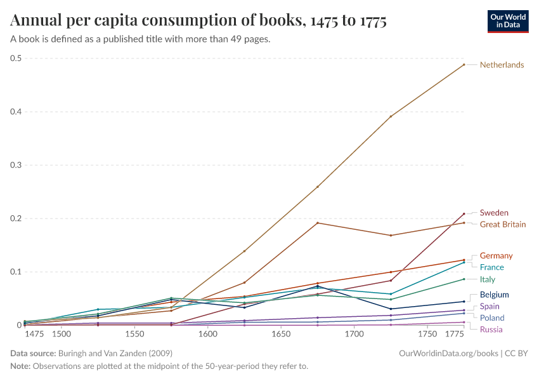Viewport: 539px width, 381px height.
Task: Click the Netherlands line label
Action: (x=502, y=65)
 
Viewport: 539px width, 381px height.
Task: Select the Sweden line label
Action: (x=494, y=213)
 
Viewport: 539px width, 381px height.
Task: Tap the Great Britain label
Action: (x=502, y=224)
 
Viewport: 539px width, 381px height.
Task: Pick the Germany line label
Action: (x=496, y=255)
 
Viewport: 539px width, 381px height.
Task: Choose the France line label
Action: (x=492, y=267)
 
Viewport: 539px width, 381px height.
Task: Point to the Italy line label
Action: (x=488, y=279)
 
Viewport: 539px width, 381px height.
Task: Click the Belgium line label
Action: (x=495, y=295)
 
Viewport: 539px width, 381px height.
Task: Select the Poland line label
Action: (x=492, y=317)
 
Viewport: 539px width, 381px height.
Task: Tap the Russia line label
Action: (x=491, y=329)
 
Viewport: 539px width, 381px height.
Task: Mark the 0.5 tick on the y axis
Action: (x=16, y=58)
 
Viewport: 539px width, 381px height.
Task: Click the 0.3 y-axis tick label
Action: (x=16, y=165)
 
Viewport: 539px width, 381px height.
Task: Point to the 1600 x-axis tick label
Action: (x=207, y=334)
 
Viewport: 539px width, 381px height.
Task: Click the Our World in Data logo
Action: (x=508, y=21)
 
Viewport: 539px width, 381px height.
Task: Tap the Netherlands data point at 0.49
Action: (x=464, y=65)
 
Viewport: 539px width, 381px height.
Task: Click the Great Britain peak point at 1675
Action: (x=317, y=223)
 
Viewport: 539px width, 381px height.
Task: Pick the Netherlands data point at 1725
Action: (x=391, y=117)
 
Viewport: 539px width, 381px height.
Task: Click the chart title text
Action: (x=198, y=21)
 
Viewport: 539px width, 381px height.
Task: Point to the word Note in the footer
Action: (x=20, y=366)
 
